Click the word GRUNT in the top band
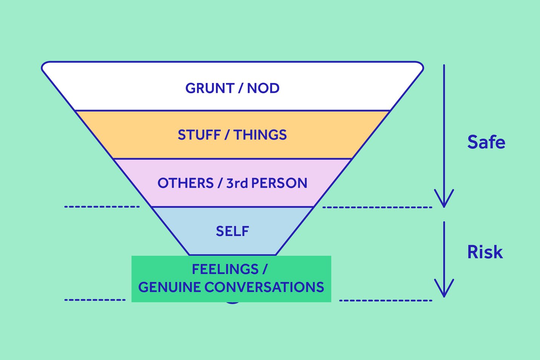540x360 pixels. [209, 88]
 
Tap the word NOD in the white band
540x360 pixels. [263, 88]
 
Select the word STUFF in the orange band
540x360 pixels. [199, 135]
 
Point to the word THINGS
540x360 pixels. [260, 135]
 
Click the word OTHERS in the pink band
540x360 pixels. [186, 183]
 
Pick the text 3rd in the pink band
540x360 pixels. [237, 183]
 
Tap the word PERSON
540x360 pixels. [279, 183]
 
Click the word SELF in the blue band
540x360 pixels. [232, 231]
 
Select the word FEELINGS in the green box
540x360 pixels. [225, 269]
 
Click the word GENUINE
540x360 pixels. [169, 288]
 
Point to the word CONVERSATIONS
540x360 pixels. [264, 288]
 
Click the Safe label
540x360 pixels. [486, 142]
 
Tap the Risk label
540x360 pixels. [485, 252]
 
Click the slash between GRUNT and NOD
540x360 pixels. [240, 88]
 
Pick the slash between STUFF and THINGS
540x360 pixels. [227, 135]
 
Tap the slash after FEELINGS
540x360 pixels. [265, 269]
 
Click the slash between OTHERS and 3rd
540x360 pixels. [220, 183]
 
